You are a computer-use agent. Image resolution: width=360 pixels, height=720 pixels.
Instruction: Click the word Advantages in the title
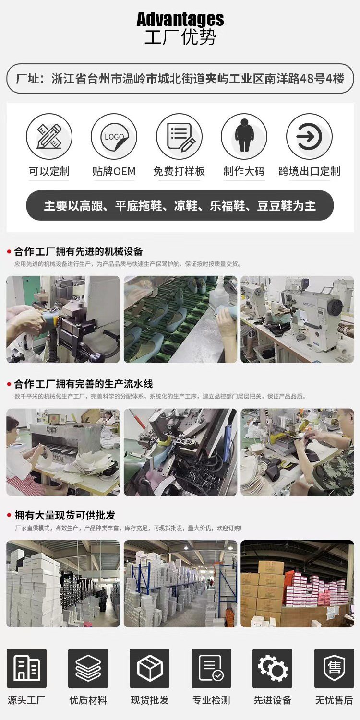180,19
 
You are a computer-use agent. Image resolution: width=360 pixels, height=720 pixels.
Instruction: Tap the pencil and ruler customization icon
49,136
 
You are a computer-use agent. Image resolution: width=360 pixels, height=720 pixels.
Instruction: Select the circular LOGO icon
114,136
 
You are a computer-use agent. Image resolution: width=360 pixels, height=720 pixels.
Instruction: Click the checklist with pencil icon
180,136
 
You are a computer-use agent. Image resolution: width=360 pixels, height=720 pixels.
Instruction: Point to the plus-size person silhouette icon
244,136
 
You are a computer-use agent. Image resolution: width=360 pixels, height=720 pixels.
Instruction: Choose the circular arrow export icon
309,136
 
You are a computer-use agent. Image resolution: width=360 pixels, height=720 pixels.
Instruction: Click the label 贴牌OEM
114,171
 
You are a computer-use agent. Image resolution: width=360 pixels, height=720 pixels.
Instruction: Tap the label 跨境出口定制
309,171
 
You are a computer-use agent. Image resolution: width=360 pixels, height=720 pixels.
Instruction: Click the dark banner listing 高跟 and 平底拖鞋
180,206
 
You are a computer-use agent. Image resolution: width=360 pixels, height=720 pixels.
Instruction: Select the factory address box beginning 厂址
180,79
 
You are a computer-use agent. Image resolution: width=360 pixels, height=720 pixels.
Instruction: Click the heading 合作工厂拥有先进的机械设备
78,251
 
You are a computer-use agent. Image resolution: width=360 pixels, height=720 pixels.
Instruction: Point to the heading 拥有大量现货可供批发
65,515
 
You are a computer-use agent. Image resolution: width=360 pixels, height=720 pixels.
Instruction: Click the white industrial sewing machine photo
297,319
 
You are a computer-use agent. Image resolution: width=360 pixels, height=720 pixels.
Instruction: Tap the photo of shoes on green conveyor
180,319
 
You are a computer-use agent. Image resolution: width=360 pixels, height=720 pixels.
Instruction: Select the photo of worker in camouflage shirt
297,452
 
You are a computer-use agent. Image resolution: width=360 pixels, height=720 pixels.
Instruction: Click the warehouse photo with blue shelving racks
180,584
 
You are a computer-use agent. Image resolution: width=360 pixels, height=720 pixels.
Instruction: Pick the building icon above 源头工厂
27,668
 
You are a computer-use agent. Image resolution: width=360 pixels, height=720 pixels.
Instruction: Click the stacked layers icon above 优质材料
88,668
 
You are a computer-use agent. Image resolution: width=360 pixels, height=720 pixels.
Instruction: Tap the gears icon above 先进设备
273,668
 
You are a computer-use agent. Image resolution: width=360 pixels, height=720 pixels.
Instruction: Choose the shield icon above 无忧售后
334,668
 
